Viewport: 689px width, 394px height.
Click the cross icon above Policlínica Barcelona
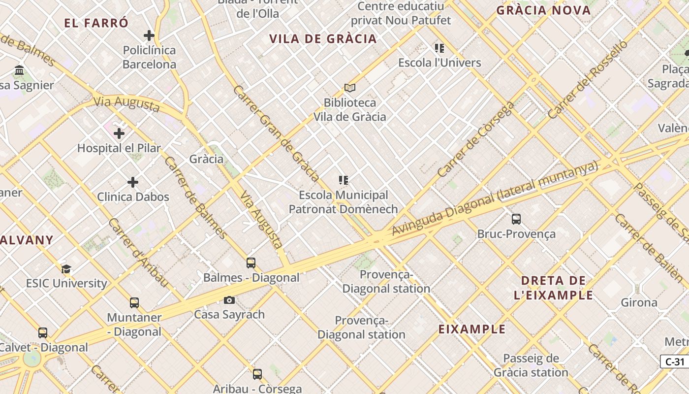click(149, 35)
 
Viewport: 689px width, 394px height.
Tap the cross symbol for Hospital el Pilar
click(119, 133)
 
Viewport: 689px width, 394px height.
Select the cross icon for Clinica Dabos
click(133, 182)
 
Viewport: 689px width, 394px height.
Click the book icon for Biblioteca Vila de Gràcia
click(350, 88)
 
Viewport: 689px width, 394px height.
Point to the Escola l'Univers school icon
click(439, 48)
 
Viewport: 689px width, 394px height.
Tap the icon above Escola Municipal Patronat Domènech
click(344, 180)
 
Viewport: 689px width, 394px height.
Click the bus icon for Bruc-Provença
click(516, 219)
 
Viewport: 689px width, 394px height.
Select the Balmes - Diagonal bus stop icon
click(251, 263)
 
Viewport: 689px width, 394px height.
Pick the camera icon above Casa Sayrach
click(229, 300)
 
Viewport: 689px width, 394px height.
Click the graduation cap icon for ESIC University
click(66, 269)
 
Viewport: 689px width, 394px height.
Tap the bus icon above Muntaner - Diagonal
click(134, 303)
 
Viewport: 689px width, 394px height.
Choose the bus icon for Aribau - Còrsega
click(257, 374)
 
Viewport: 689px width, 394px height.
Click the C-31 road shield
click(675, 362)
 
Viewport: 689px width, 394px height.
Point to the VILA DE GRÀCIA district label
click(323, 39)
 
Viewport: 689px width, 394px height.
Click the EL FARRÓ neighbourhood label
click(96, 23)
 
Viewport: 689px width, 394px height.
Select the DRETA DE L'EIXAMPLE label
click(554, 288)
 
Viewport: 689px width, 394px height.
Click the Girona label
click(639, 302)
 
